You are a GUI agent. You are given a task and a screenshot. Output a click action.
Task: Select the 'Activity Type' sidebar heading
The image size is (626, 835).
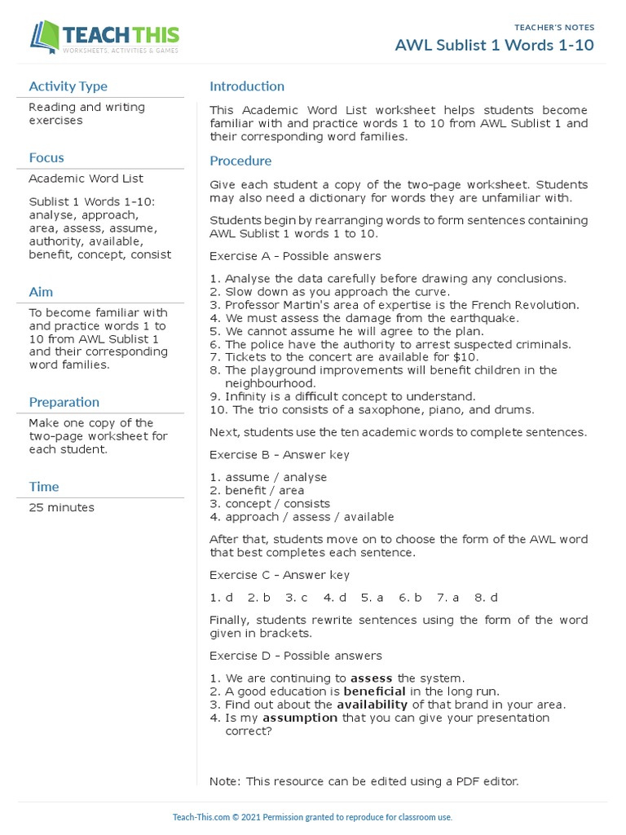(x=68, y=86)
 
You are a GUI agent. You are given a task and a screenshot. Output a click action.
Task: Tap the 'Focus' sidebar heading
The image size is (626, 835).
(x=46, y=158)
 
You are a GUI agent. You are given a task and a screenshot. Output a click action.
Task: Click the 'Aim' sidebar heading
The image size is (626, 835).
(x=41, y=292)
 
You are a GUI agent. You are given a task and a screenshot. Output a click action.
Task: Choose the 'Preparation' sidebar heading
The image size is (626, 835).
(x=64, y=402)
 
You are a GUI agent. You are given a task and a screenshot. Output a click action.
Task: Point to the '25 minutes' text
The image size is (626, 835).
(x=61, y=508)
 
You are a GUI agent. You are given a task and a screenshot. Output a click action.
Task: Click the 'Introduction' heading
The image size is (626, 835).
(x=247, y=86)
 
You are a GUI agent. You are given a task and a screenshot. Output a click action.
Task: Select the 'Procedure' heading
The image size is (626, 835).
(x=240, y=161)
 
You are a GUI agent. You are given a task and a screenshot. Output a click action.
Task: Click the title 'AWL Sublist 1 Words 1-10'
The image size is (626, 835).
(x=495, y=45)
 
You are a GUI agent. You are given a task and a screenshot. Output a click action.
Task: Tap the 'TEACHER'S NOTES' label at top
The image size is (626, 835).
(x=554, y=28)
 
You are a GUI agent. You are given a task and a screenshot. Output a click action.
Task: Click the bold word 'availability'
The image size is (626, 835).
(x=373, y=705)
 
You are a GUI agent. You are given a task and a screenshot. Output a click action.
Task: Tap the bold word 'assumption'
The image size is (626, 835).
(x=300, y=718)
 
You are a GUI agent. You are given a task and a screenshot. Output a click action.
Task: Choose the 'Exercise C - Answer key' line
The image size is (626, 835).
(x=280, y=575)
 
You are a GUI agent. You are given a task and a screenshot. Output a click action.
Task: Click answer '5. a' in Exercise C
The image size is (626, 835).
(x=373, y=598)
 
